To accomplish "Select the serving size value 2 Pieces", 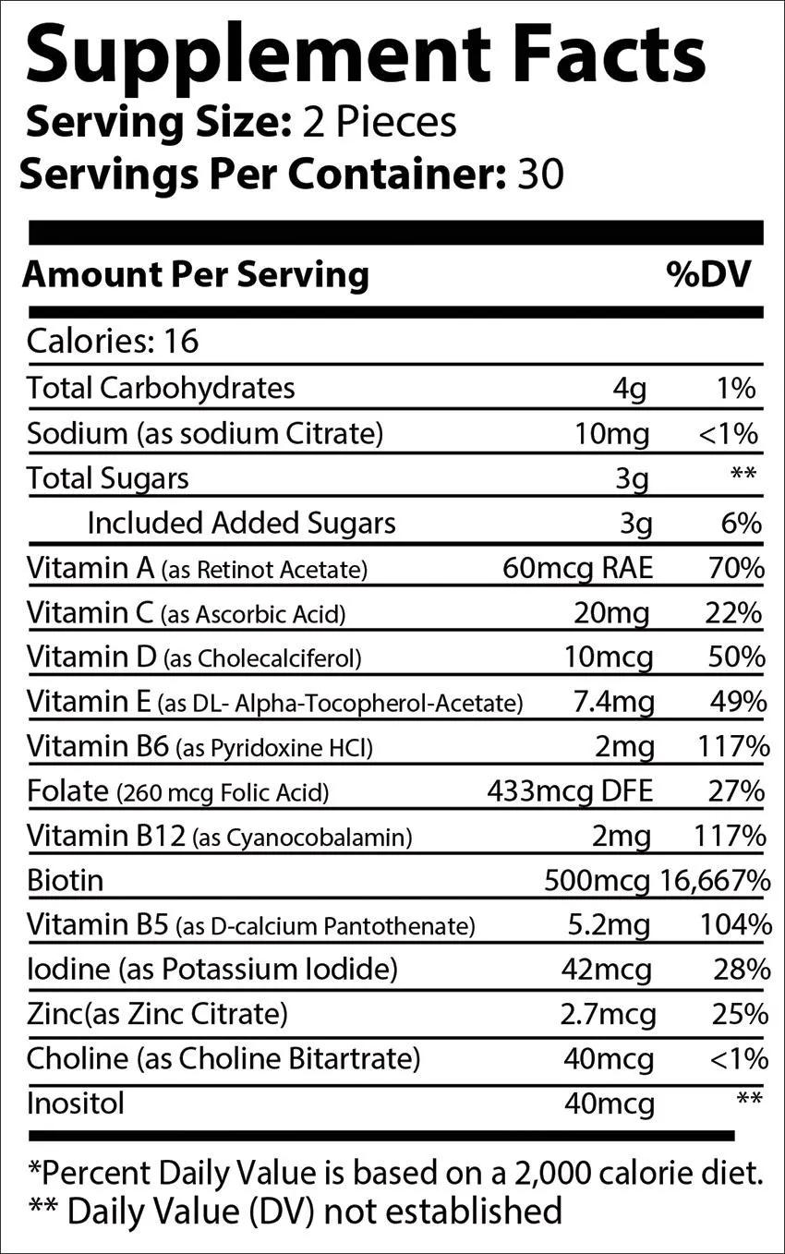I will [380, 122].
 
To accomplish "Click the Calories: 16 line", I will [113, 342].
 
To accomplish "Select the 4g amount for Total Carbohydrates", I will [631, 389].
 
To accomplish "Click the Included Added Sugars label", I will [241, 523].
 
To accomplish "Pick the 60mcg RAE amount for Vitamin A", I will [577, 567].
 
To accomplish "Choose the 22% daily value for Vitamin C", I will [737, 612].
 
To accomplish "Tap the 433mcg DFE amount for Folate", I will [570, 790].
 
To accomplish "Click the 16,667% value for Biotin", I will [716, 880].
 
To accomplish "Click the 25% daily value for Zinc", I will [741, 1014].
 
